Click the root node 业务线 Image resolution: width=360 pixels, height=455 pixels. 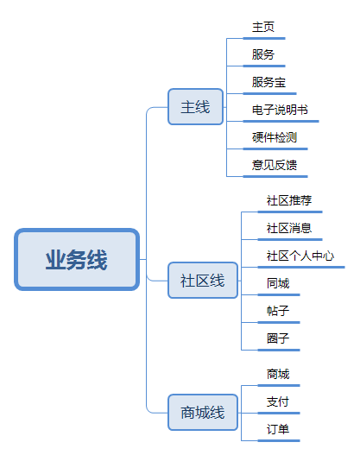coord(77,259)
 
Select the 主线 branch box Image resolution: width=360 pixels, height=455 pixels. coord(195,107)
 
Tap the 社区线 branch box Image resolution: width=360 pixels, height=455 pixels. coord(203,281)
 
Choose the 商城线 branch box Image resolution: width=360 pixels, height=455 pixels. coord(203,413)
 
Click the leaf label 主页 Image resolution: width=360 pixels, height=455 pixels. coord(263,27)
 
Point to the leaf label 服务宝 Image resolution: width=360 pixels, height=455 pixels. coord(268,82)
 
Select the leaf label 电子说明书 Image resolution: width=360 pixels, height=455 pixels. coord(280,110)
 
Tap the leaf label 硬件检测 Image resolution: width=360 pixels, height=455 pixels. coord(275,137)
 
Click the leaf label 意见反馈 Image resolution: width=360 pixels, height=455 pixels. coord(275,165)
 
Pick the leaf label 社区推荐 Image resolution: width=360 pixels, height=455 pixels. coord(289,200)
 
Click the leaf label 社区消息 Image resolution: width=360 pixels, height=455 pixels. coord(289,228)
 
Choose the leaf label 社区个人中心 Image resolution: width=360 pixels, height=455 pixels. coord(300,256)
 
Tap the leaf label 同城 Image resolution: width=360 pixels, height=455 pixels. coord(278,283)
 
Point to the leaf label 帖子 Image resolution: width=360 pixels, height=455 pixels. coord(278,311)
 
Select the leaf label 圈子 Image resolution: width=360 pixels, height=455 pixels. coord(278,338)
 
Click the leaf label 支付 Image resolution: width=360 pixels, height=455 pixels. coord(278,401)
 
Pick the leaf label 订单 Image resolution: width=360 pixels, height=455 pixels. coord(278,429)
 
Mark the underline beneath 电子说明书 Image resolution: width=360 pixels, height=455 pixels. coord(281,121)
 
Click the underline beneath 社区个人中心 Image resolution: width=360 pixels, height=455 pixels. coord(301,268)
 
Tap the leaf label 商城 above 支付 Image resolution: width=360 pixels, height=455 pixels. coord(278,374)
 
